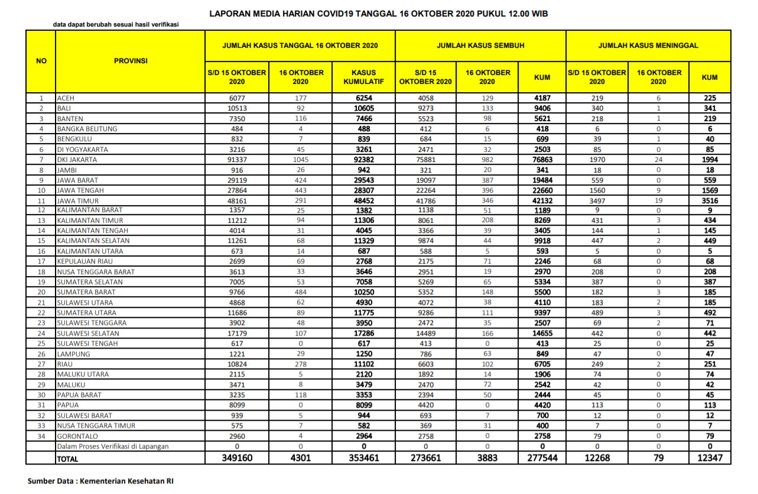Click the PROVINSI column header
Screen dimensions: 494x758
click(130, 61)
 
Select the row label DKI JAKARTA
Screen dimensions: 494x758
click(77, 160)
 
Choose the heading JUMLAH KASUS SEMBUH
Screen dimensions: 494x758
click(480, 45)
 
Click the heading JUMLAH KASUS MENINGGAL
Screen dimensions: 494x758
click(648, 45)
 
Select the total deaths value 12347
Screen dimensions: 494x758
click(710, 457)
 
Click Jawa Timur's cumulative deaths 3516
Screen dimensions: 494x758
click(710, 200)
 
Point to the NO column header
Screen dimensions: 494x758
click(41, 61)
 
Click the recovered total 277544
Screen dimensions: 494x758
click(542, 457)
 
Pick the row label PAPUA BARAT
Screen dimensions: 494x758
click(80, 395)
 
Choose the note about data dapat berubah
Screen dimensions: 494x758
click(116, 25)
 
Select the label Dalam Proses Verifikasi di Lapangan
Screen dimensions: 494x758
click(112, 446)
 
